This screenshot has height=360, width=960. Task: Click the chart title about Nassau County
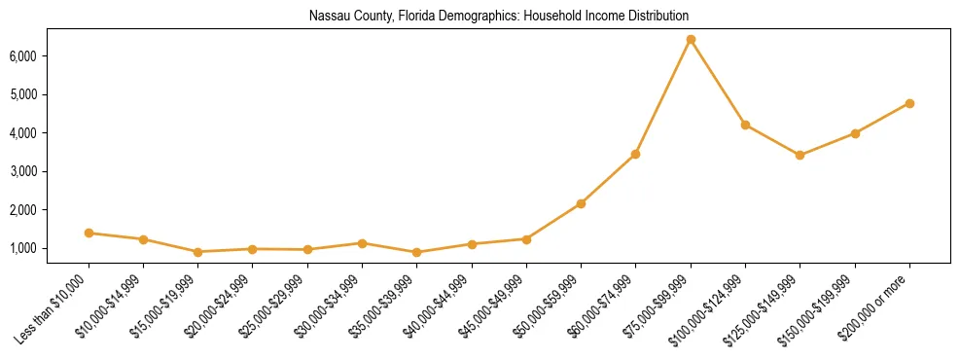pyautogui.click(x=499, y=17)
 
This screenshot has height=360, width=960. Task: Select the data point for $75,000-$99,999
pyautogui.click(x=691, y=40)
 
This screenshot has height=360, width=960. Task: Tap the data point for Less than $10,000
pyautogui.click(x=89, y=233)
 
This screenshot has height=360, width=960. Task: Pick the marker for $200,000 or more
pyautogui.click(x=909, y=103)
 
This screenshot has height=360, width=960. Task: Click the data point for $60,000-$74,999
pyautogui.click(x=636, y=154)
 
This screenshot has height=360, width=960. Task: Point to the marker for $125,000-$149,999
pyautogui.click(x=800, y=155)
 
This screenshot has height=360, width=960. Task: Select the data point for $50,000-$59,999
pyautogui.click(x=581, y=203)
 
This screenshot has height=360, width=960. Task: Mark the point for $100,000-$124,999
pyautogui.click(x=745, y=125)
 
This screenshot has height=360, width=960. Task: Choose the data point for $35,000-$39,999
pyautogui.click(x=417, y=252)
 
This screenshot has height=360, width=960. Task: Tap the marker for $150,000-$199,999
pyautogui.click(x=855, y=133)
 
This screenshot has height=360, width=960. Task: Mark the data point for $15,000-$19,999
pyautogui.click(x=198, y=251)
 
